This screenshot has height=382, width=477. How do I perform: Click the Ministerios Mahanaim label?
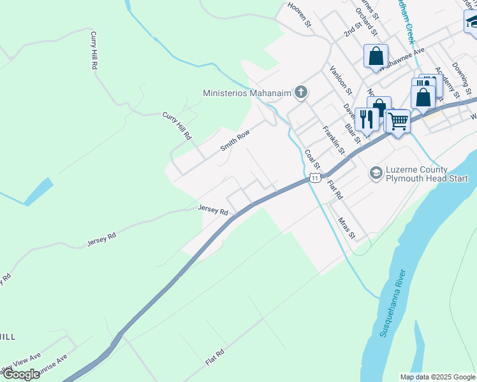pyautogui.click(x=247, y=93)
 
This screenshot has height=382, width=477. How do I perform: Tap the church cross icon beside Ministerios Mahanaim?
pyautogui.click(x=300, y=93)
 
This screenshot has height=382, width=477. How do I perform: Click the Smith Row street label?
pyautogui.click(x=234, y=141)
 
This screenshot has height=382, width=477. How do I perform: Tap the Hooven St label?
pyautogui.click(x=298, y=15)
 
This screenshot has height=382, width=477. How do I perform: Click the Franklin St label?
pyautogui.click(x=333, y=141)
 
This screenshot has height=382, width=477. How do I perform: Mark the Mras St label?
pyautogui.click(x=346, y=228)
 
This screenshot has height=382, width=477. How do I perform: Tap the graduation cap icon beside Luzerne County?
pyautogui.click(x=376, y=173)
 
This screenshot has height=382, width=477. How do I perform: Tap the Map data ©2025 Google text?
pyautogui.click(x=437, y=377)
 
